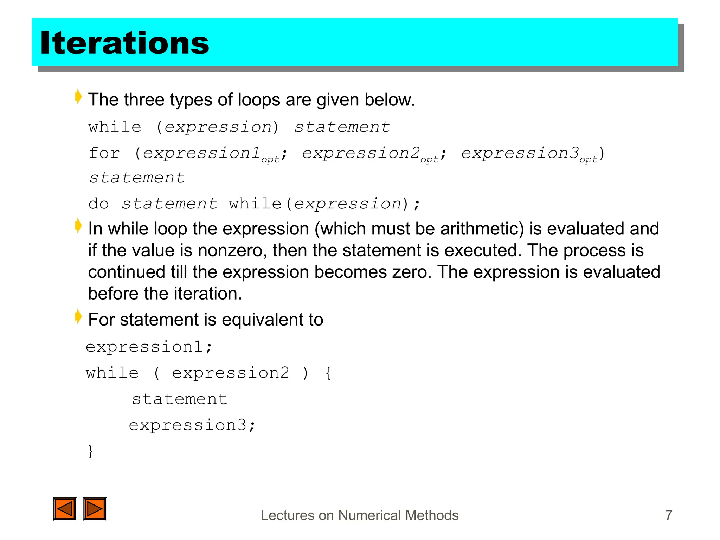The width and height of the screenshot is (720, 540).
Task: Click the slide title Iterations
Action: tap(125, 43)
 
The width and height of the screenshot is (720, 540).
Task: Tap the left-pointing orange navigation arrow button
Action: tap(65, 508)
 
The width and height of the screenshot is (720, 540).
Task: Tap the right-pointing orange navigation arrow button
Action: tap(95, 508)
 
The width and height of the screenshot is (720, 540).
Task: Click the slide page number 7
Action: tap(669, 515)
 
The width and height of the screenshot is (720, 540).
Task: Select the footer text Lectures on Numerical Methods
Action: tap(359, 515)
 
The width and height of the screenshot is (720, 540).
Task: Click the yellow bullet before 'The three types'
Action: tap(78, 97)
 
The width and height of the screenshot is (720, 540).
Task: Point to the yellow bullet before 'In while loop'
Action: tap(78, 226)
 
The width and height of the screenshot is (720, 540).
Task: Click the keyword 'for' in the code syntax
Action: tap(104, 153)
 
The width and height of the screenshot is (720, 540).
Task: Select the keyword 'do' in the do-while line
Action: tap(98, 204)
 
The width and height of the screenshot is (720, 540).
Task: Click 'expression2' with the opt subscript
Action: tap(361, 153)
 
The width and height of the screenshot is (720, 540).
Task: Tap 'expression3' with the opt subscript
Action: tap(520, 153)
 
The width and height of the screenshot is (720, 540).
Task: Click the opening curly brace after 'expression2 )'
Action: tap(328, 373)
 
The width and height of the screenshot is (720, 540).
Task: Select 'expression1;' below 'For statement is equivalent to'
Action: tap(149, 347)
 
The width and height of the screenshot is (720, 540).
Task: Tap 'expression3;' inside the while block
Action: tap(192, 425)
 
